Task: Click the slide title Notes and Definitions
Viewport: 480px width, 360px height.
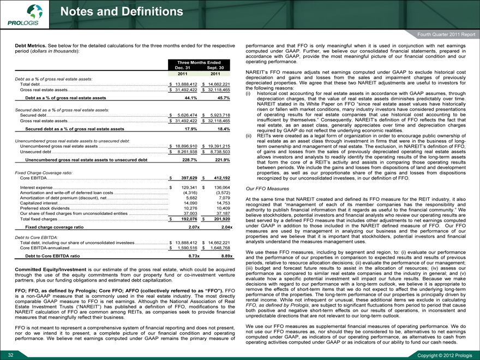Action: pos(122,11)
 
